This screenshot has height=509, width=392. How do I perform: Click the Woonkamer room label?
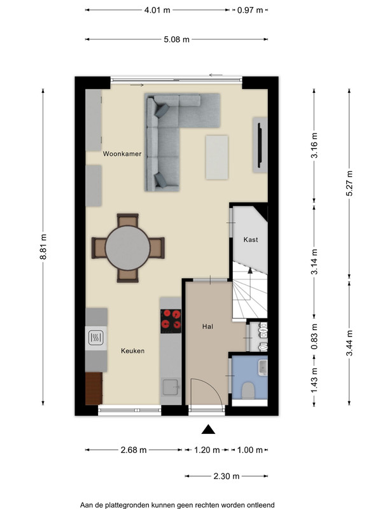coord(122,154)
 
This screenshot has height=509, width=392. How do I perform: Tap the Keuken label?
coord(132,351)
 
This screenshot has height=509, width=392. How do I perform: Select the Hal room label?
coord(207,326)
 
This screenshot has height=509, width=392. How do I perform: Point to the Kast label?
coord(250,240)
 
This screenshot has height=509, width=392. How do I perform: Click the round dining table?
coord(128,248)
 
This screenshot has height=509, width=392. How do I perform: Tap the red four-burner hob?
coord(171,321)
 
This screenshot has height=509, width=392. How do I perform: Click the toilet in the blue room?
coord(248,391)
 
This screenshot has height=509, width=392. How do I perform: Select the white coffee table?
coord(216,157)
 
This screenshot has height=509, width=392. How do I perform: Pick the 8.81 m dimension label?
coord(43,247)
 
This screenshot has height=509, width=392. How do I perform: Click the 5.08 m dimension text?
coord(176,39)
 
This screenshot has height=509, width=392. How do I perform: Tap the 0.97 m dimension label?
coord(249,10)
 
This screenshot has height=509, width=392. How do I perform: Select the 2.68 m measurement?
coord(134,450)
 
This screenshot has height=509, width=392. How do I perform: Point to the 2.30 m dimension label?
coord(227,476)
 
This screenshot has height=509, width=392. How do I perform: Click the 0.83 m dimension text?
coord(314,337)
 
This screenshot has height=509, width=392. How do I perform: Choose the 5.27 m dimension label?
coord(349,183)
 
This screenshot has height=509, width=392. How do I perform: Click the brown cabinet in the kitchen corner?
coord(94,388)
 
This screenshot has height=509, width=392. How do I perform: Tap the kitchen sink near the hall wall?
coord(171,387)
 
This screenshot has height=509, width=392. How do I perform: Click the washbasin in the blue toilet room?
coord(263,367)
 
